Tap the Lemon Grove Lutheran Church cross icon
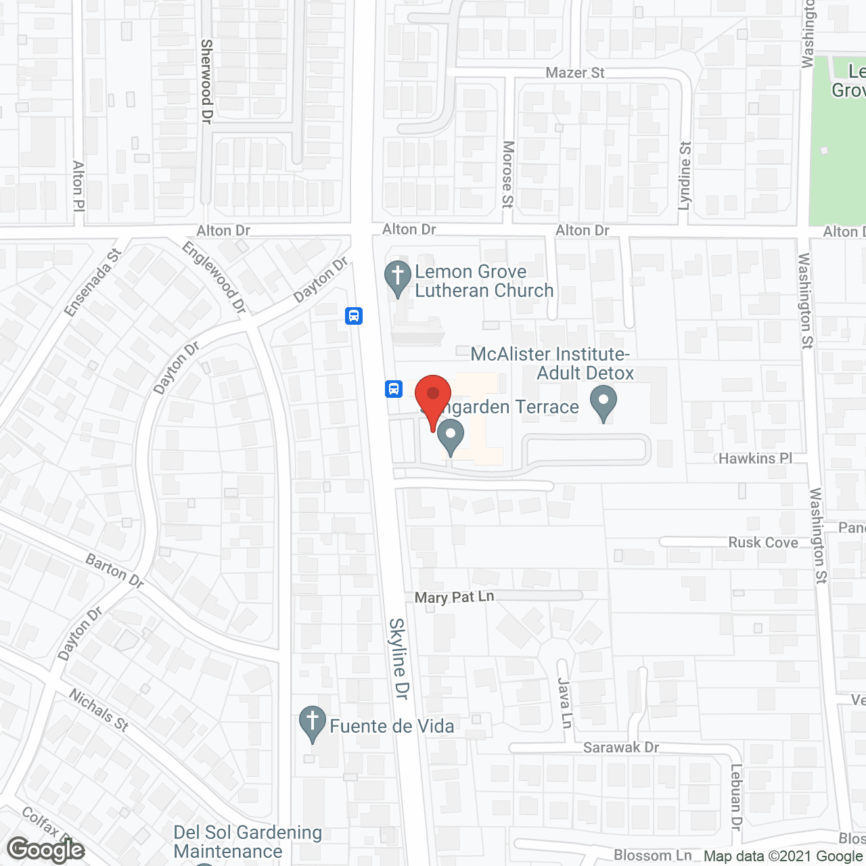(397, 278)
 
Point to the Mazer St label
(575, 72)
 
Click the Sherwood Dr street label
(207, 81)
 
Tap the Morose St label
(508, 174)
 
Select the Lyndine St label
(685, 175)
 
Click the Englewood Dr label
(214, 277)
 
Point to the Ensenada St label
(93, 282)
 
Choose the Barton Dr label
(115, 570)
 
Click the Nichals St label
(99, 710)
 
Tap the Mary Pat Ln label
(454, 597)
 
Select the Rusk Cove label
(763, 543)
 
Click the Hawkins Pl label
(755, 458)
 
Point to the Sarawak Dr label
(621, 747)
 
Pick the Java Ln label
(565, 702)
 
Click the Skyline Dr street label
(400, 658)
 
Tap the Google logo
(46, 850)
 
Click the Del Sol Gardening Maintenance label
(248, 842)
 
